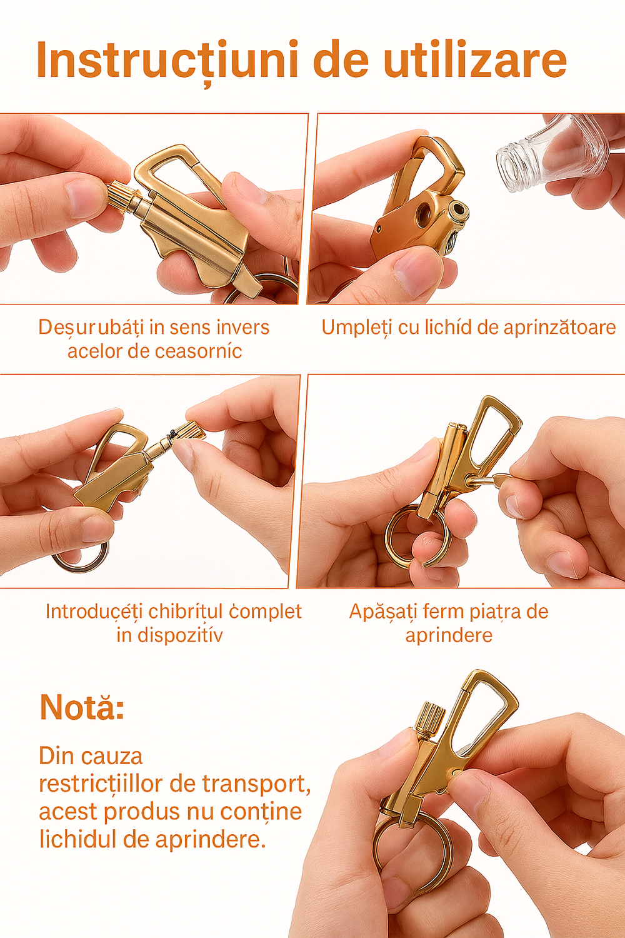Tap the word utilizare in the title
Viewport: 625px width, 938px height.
[474, 61]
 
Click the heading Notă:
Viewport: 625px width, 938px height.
[82, 707]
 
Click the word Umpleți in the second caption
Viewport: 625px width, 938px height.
[356, 327]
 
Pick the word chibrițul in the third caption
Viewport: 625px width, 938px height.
[186, 611]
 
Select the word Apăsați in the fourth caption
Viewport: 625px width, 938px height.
[381, 611]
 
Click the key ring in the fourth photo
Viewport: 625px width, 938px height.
[406, 538]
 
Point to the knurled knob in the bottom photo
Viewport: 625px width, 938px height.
[431, 719]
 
